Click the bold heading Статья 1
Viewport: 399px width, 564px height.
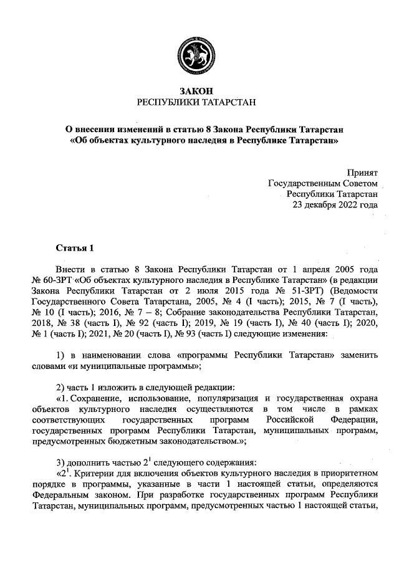coord(75,249)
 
